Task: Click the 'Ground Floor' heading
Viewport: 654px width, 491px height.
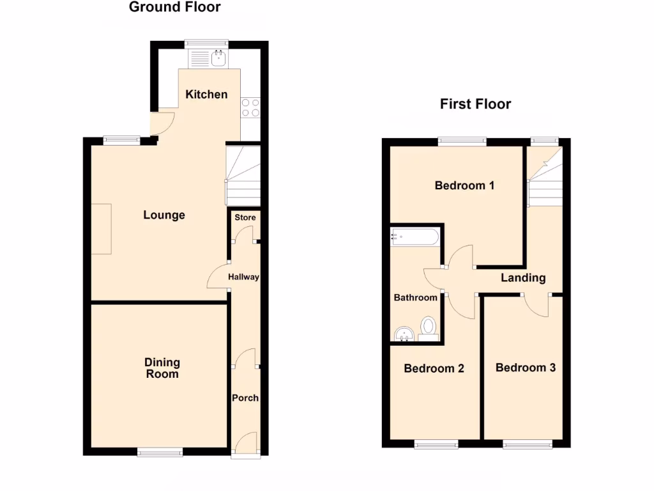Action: [x=174, y=8]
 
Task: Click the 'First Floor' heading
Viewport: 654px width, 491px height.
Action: [x=475, y=104]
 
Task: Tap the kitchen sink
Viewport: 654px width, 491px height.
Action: [x=218, y=59]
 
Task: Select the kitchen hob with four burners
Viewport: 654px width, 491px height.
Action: [x=250, y=107]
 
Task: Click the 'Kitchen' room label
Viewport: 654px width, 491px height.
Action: [x=206, y=95]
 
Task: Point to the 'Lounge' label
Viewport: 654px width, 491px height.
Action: [x=164, y=215]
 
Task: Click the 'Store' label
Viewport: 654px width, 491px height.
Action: [x=245, y=217]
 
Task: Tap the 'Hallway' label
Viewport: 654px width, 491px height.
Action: [x=243, y=277]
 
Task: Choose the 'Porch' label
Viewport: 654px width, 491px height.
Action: [x=245, y=398]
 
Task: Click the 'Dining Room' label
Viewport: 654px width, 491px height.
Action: [x=162, y=368]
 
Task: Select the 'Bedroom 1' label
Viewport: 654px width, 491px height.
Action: [x=464, y=186]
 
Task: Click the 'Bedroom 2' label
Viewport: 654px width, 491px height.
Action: [x=434, y=369]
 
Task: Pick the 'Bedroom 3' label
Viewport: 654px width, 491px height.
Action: [x=525, y=368]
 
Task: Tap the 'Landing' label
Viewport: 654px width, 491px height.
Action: [x=523, y=277]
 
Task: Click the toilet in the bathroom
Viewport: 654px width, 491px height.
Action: [x=429, y=327]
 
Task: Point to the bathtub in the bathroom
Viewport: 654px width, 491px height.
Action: [x=414, y=237]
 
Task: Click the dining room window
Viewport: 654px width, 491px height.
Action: [x=160, y=452]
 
